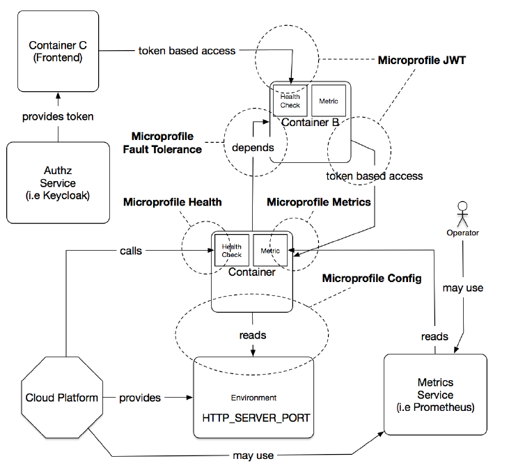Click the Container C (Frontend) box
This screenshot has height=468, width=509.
pyautogui.click(x=55, y=52)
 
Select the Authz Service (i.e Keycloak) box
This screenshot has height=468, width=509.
pyautogui.click(x=58, y=182)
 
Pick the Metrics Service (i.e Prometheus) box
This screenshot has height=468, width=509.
pyautogui.click(x=435, y=394)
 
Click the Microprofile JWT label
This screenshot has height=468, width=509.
pyautogui.click(x=421, y=61)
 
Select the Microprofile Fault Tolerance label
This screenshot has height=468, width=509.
pyautogui.click(x=166, y=143)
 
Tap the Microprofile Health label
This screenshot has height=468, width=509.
pyautogui.click(x=172, y=202)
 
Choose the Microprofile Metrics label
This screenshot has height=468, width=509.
pyautogui.click(x=318, y=202)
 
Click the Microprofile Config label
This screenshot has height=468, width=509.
pyautogui.click(x=371, y=279)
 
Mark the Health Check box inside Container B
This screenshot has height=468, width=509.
pyautogui.click(x=290, y=101)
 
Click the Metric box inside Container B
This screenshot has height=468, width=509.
pyautogui.click(x=328, y=101)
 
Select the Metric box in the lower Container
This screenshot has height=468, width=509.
pyautogui.click(x=269, y=250)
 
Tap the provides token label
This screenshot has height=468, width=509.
pyautogui.click(x=58, y=116)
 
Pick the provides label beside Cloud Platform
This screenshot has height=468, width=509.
pyautogui.click(x=140, y=398)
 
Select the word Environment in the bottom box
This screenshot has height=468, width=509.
pyautogui.click(x=253, y=398)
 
